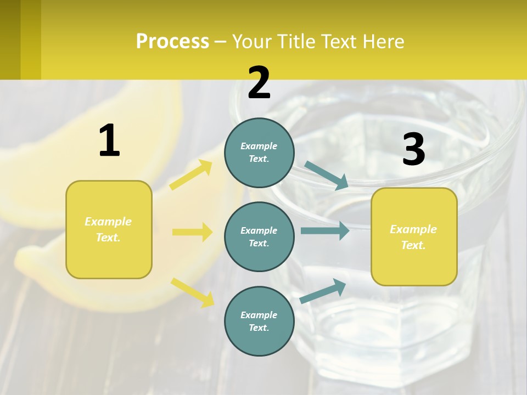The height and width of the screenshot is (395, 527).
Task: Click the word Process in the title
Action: pos(172,42)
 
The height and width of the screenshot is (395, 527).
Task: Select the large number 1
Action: pos(109,140)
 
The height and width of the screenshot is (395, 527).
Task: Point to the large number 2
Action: pos(259,83)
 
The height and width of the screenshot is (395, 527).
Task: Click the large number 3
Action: pos(413,150)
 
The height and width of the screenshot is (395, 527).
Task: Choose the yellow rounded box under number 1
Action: pos(109,229)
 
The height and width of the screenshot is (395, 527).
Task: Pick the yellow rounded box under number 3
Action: pos(414,236)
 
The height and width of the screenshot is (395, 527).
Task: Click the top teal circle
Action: pos(259,153)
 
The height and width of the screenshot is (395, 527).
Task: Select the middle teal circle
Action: pos(259,236)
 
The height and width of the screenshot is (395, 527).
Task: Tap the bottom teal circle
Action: pos(259,321)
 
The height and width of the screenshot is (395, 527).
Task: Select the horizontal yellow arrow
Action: pos(192,232)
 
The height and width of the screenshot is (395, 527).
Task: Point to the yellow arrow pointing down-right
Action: pos(193,292)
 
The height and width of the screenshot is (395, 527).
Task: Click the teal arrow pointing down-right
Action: pos(326,175)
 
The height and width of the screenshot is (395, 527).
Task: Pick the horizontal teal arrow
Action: pos(325,230)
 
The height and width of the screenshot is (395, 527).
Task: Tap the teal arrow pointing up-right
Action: pos(323,291)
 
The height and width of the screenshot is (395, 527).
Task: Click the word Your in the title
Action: pos(253,42)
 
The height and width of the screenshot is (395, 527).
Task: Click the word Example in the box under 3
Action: pos(413,229)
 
